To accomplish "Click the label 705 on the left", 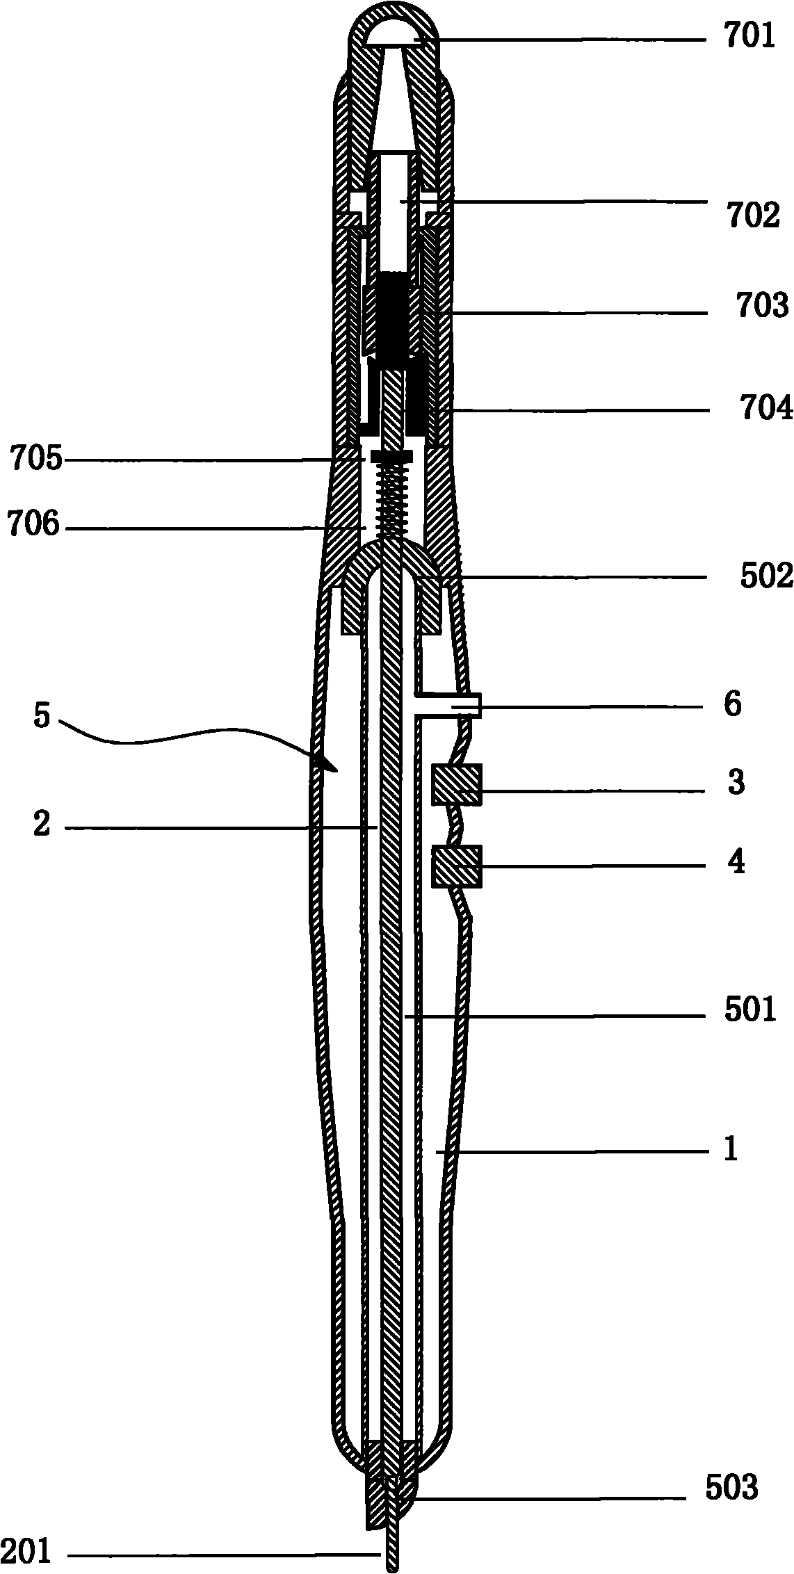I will click(35, 460).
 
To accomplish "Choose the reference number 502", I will click(765, 576).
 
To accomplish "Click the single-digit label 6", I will click(732, 705).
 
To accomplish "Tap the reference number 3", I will click(736, 782).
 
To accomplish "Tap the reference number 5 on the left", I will click(42, 717).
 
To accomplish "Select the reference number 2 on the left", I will click(42, 826).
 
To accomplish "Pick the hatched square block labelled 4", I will click(456, 866).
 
